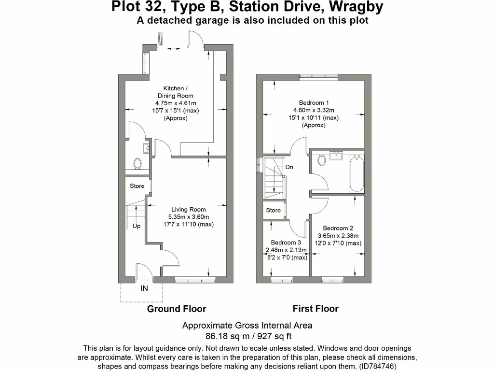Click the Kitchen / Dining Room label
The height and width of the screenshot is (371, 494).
174,92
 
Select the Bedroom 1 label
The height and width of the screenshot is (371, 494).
314,103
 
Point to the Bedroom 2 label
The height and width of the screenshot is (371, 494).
338,228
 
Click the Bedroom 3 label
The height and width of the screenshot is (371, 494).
286,243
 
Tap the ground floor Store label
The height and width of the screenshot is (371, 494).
137,186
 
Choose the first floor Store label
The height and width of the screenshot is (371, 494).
273,210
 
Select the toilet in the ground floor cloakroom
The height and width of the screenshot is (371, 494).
138,164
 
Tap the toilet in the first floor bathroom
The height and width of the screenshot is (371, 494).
322,160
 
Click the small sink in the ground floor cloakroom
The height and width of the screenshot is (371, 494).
145,148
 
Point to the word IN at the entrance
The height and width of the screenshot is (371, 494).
144,288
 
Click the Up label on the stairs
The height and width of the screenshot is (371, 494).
137,226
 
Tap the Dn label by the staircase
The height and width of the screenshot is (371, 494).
289,167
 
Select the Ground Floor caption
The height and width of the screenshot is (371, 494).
177,309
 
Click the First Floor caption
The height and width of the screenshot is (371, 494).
316,309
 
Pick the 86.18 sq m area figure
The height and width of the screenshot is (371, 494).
222,336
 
